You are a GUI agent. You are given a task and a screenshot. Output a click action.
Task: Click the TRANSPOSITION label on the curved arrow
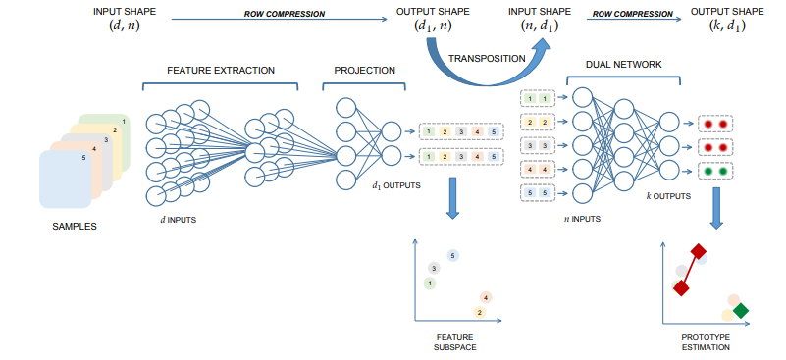pos(487,58)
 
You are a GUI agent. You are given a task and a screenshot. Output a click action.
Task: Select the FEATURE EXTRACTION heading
pos(221,71)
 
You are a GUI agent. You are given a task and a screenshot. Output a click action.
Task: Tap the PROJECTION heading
pos(364,71)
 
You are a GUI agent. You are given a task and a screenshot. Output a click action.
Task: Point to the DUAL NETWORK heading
pos(623,64)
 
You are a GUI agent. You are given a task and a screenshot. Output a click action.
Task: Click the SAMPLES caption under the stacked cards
pos(75,227)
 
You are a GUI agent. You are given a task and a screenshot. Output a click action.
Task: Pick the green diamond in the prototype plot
pos(740,311)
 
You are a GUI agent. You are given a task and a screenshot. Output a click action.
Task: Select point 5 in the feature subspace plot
pos(452,256)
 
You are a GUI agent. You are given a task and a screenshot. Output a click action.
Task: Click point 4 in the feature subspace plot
pos(486,298)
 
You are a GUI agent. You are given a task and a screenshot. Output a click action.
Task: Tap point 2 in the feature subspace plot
pos(480,313)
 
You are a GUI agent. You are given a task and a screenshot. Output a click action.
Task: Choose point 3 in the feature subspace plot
pos(434,269)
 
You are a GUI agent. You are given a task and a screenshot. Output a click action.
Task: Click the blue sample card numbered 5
pos(65,180)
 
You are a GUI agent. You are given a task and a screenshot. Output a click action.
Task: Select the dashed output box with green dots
pos(714,171)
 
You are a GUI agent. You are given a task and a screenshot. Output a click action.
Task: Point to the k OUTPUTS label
pos(668,196)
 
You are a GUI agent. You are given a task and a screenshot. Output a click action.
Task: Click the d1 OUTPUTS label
pos(395,186)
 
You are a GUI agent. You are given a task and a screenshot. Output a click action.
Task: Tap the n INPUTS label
pos(581,219)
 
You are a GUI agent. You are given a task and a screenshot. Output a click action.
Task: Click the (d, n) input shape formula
pos(125,26)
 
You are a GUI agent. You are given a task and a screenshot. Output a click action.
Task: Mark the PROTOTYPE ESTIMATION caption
pos(706,342)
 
